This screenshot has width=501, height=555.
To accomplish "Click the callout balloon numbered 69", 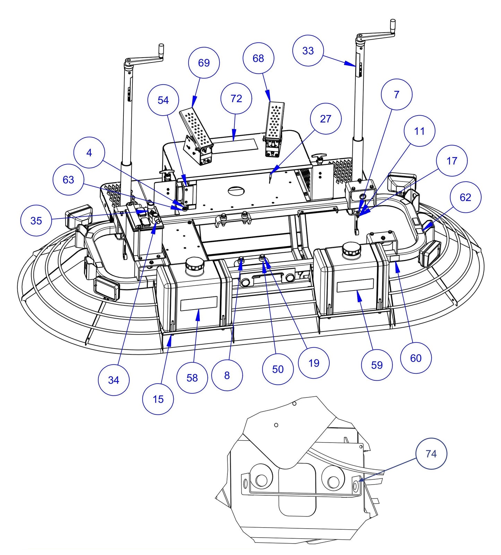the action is [204, 63].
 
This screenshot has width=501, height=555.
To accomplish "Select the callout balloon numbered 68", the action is [258, 58].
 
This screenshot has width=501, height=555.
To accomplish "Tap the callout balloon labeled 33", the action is [308, 51].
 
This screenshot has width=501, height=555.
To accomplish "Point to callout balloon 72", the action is [236, 99].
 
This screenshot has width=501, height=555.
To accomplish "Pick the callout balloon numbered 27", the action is [326, 119].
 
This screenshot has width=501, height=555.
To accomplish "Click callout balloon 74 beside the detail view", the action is [431, 454].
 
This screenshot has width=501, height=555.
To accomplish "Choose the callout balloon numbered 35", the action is [36, 221].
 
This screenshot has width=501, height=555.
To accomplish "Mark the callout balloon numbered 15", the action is [158, 399].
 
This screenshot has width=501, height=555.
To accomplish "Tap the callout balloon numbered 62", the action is [465, 197].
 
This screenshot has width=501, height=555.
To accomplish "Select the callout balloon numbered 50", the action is [278, 369].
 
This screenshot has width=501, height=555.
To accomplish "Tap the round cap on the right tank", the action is [351, 250].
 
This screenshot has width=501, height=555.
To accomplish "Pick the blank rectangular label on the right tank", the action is [355, 286].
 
